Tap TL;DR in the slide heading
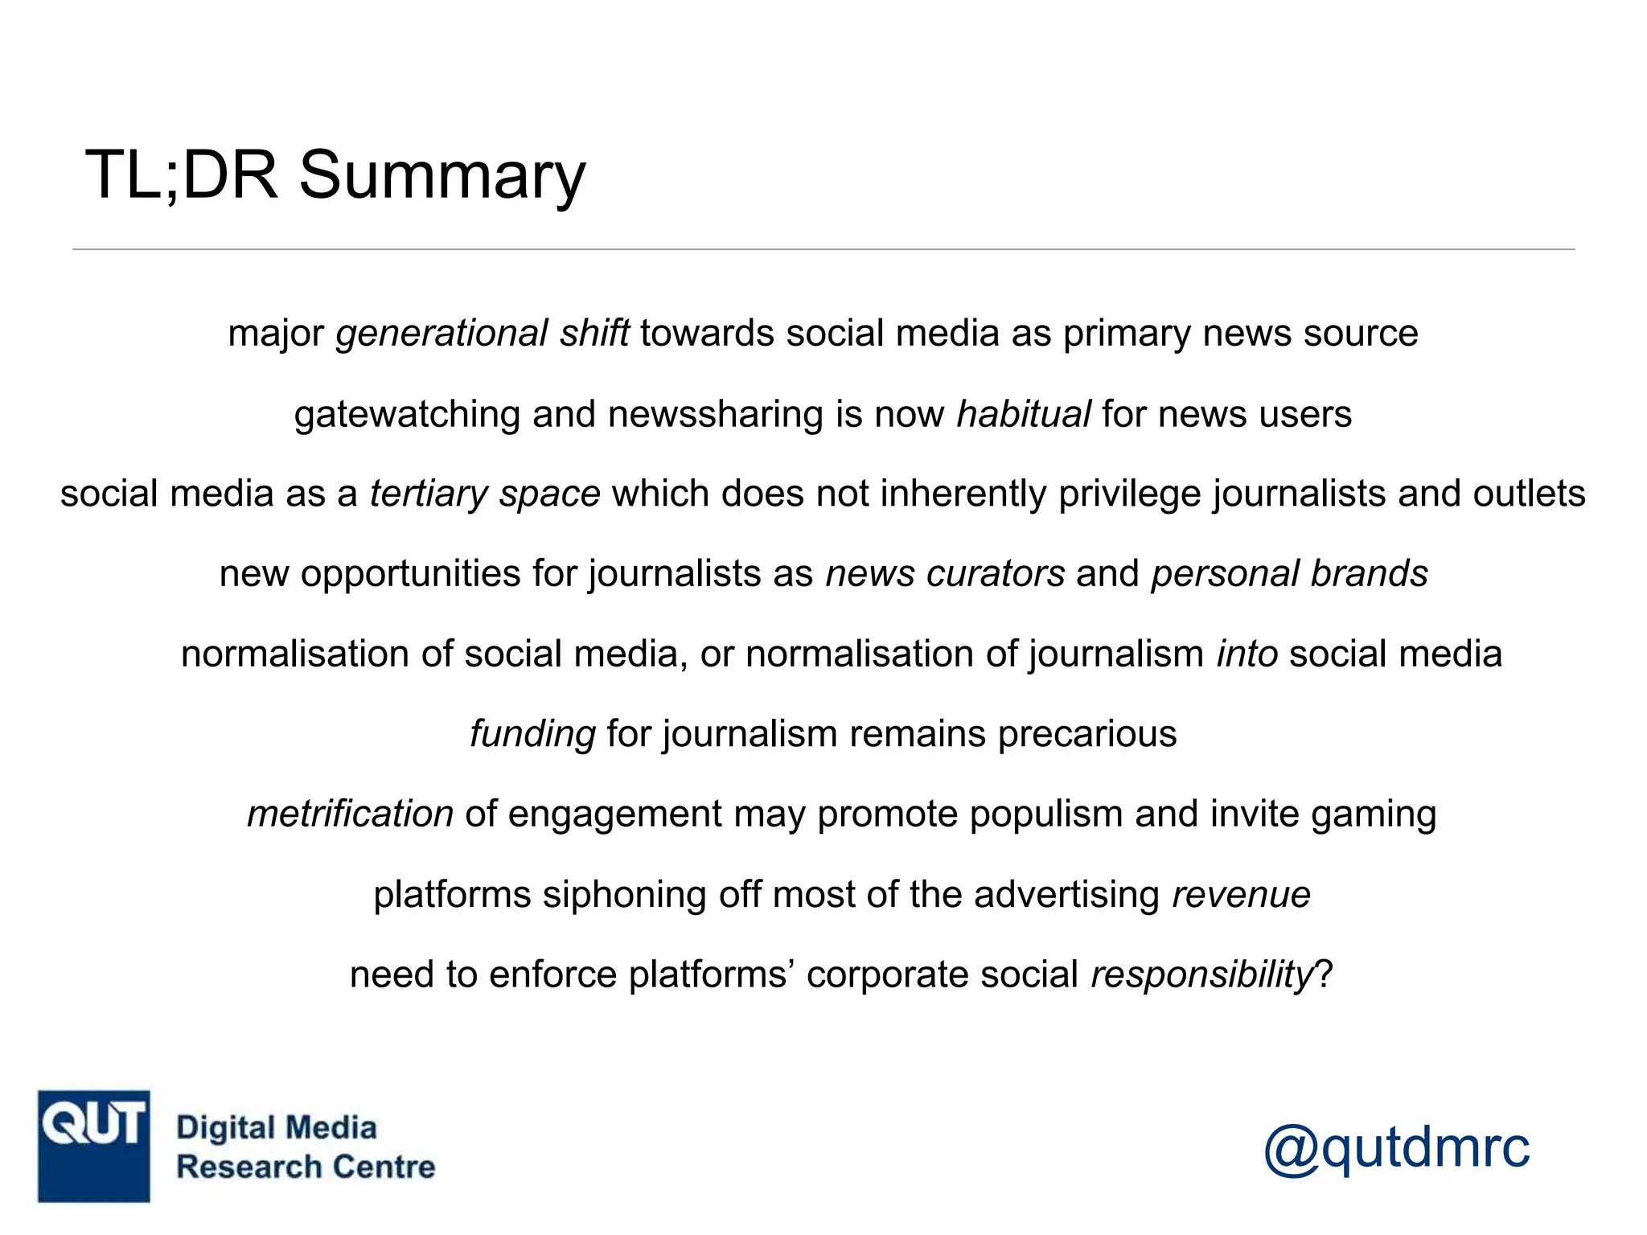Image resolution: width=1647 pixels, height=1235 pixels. (x=182, y=175)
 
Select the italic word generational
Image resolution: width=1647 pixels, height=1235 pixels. (x=442, y=334)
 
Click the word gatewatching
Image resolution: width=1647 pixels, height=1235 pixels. (x=407, y=415)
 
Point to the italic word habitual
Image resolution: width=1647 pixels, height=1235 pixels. (x=1023, y=414)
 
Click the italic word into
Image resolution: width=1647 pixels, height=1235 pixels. (x=1247, y=654)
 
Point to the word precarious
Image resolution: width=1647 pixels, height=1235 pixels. (x=1086, y=734)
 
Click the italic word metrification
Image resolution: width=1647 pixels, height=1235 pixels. (x=350, y=814)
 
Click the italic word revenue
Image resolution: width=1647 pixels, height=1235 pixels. (x=1241, y=895)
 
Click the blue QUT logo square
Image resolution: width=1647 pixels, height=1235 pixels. (x=94, y=1146)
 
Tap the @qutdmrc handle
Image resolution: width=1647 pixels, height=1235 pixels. (x=1396, y=1149)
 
